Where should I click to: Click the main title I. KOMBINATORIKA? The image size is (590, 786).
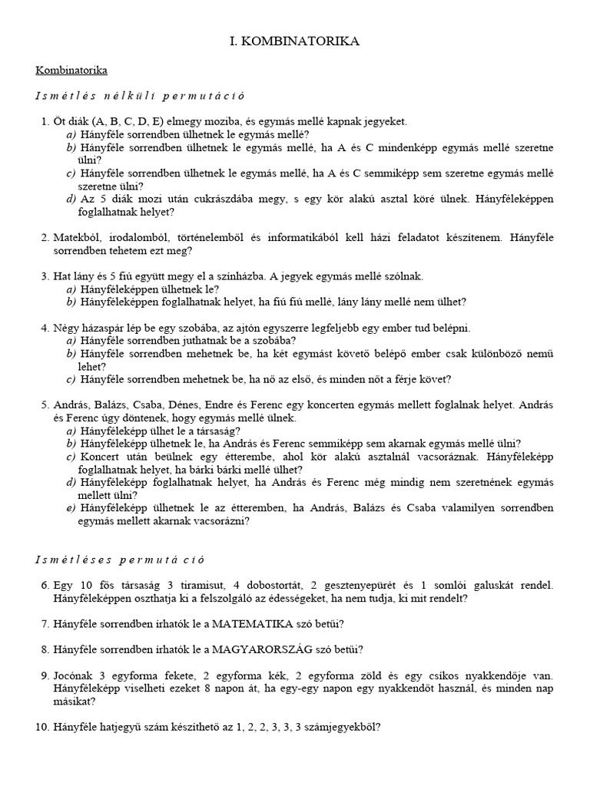pyautogui.click(x=294, y=42)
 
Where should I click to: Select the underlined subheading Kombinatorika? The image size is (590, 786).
pyautogui.click(x=71, y=70)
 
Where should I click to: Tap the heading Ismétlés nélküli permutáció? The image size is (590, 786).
pyautogui.click(x=140, y=96)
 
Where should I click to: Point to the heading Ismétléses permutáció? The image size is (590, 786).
pyautogui.click(x=120, y=560)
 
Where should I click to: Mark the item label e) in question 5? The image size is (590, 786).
pyautogui.click(x=71, y=507)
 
